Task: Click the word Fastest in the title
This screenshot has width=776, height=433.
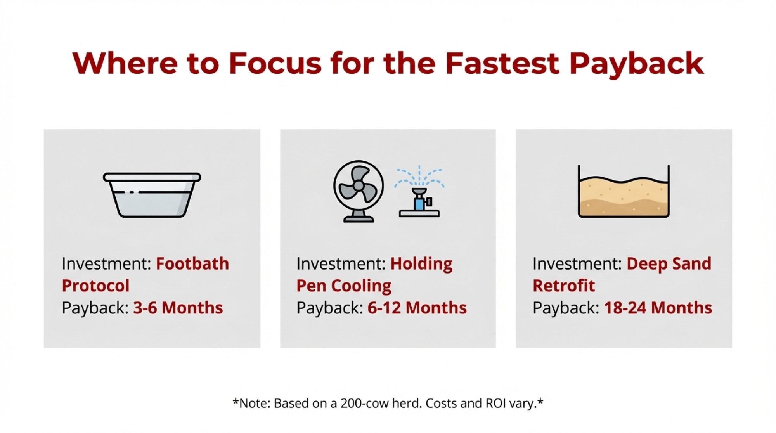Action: tap(502, 62)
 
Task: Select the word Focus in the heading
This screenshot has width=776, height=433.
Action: tap(275, 62)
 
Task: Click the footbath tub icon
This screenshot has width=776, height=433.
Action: tap(152, 195)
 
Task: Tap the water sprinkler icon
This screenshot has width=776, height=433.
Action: tap(419, 191)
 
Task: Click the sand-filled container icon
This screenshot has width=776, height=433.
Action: tap(624, 191)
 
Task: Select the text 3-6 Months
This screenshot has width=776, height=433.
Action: tap(178, 308)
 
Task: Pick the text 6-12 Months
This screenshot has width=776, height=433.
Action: tap(417, 308)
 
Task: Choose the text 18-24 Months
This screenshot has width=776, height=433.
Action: tap(658, 308)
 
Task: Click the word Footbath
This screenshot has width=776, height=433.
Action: tap(192, 264)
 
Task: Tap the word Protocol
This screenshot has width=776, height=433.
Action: tap(95, 286)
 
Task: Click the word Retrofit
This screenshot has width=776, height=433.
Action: tap(564, 286)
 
